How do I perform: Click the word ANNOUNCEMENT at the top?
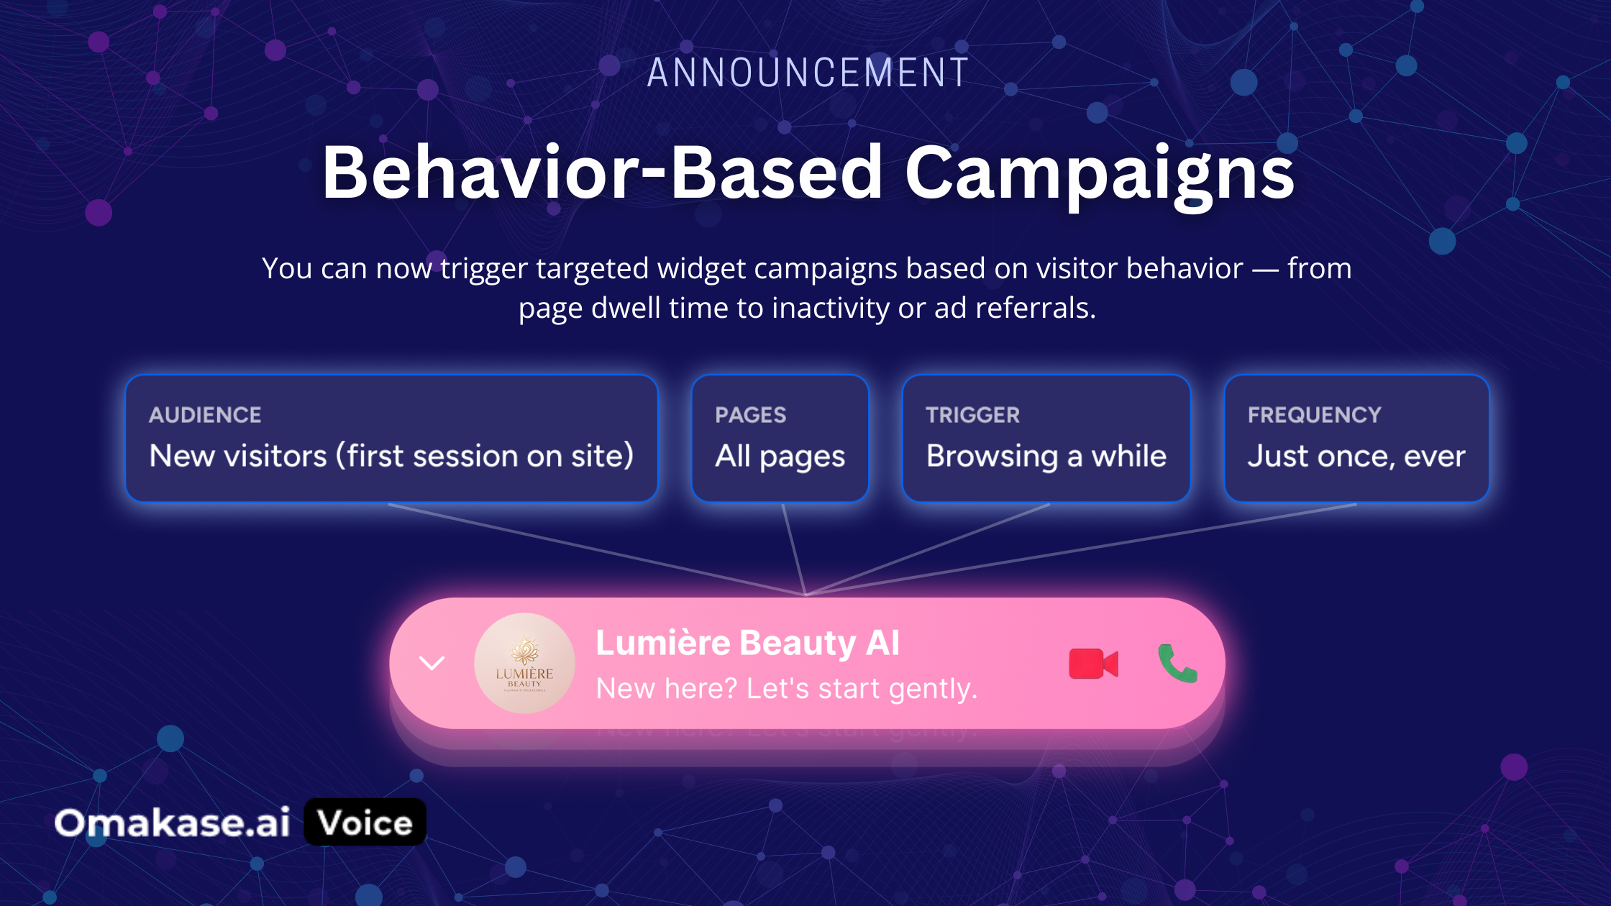tap(808, 73)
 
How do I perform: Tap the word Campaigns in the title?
tap(1100, 174)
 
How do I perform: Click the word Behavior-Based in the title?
tap(602, 172)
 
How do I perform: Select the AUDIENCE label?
tap(205, 415)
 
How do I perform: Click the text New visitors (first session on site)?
tap(391, 456)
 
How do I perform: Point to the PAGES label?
tap(750, 415)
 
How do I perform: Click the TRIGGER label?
tap(972, 415)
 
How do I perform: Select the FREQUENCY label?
tap(1314, 415)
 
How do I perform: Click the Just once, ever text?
tap(1356, 457)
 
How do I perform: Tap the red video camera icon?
tap(1093, 664)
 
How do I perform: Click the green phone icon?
tap(1177, 663)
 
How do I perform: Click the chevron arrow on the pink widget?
tap(432, 663)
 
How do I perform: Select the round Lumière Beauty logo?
tap(524, 663)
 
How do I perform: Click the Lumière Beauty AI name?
tap(747, 642)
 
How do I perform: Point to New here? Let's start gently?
tap(787, 689)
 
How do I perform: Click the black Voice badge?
tap(365, 822)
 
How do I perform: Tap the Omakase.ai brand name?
tap(172, 823)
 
